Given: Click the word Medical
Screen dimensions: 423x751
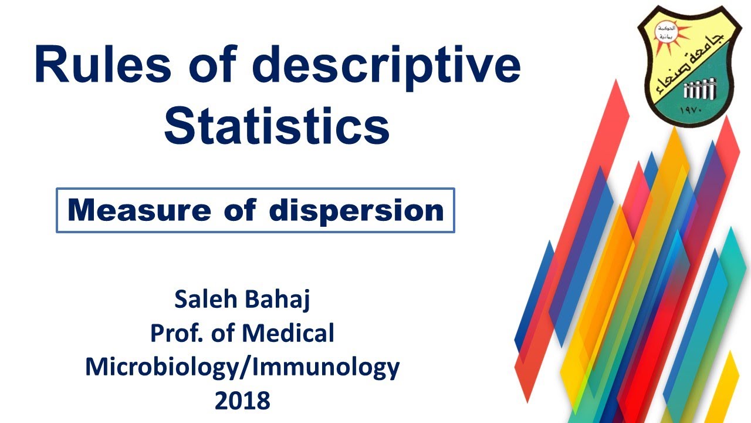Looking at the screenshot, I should point(288,334).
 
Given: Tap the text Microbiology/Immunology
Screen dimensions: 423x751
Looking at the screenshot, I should point(242,367).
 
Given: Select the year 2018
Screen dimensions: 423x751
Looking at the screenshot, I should point(242,401).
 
